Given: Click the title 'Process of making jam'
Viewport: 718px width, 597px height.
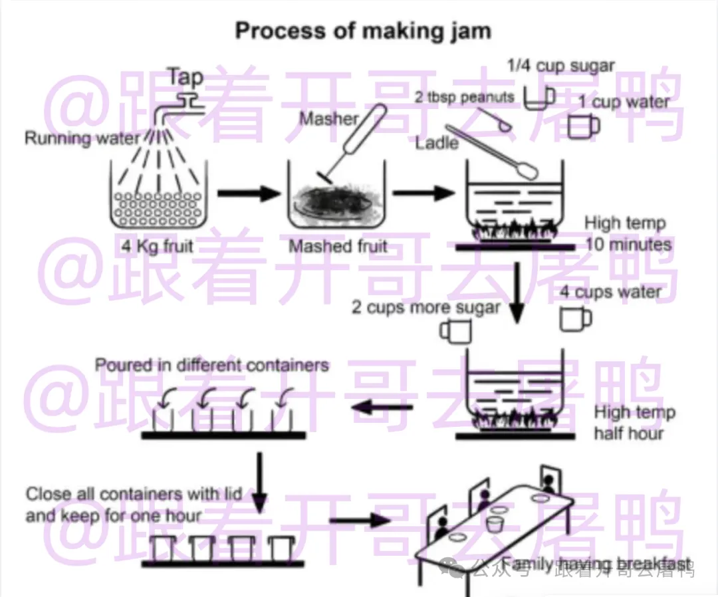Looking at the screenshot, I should [363, 31].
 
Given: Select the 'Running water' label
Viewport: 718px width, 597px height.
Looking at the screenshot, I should [82, 138].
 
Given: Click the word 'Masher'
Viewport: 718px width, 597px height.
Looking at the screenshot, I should [328, 119].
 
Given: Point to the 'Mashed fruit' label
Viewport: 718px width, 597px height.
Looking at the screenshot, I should [338, 247].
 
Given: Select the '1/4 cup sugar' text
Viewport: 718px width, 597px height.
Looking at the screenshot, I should [560, 66].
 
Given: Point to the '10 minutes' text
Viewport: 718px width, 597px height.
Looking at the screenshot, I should [628, 245].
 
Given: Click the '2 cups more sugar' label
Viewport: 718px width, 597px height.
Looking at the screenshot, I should [426, 308].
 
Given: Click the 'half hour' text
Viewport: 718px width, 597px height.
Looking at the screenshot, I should [628, 433].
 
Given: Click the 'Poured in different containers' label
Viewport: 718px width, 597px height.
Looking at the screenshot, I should [212, 365].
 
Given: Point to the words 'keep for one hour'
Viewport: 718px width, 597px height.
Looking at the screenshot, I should [114, 516].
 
